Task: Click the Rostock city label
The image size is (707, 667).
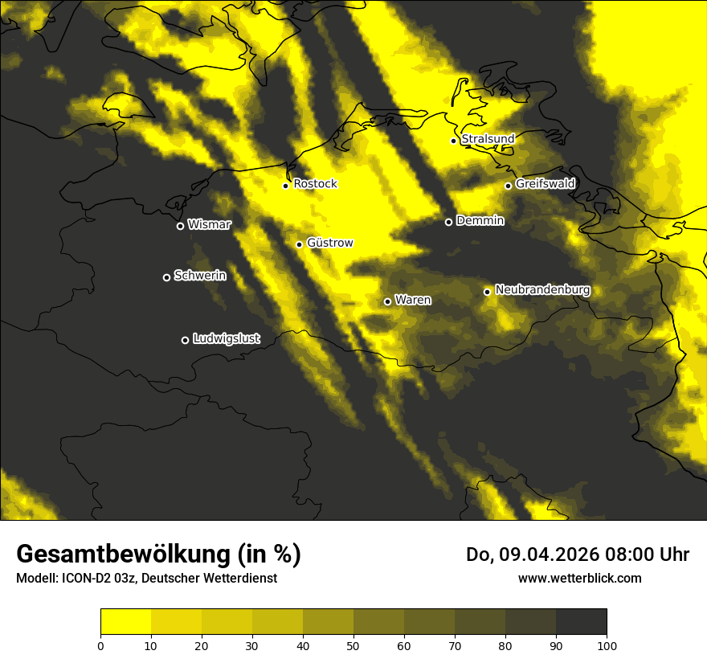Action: tap(315, 184)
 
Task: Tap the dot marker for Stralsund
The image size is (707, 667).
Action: tap(453, 141)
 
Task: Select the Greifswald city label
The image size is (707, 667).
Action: tap(545, 184)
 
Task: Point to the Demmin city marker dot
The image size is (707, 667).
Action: tap(448, 222)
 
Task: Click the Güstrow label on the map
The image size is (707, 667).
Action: tap(329, 243)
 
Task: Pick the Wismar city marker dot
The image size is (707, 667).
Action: tap(180, 226)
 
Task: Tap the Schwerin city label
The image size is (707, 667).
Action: tap(199, 276)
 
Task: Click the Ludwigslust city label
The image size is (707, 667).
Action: tap(226, 339)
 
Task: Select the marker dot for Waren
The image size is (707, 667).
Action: tap(387, 301)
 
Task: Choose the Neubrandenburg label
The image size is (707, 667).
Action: tap(542, 290)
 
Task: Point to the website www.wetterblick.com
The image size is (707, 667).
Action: tap(579, 578)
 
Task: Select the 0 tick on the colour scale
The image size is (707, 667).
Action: tap(100, 645)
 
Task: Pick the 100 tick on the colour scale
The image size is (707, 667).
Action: tap(607, 645)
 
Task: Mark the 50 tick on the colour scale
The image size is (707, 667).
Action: tap(353, 645)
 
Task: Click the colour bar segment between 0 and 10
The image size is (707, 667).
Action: tap(125, 622)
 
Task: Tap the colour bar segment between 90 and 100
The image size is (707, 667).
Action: tap(581, 622)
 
